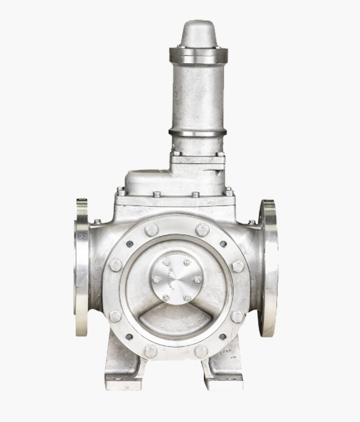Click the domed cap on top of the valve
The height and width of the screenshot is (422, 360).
pos(198,34)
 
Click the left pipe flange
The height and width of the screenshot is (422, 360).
pos(82,267)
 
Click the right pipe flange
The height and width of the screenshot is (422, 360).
pos(269,267)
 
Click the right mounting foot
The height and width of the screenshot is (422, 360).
pos(225,373)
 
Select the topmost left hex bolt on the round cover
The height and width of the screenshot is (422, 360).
pos(152,230)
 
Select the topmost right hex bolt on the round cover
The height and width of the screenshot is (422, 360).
pos(202,230)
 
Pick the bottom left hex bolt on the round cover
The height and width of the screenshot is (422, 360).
pos(151,351)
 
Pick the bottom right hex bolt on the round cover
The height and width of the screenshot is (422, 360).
pos(201,351)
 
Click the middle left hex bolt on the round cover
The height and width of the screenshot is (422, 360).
pos(116,265)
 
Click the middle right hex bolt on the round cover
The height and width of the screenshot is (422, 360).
pos(238,266)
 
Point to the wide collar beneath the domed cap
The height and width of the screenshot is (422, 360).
pos(198,55)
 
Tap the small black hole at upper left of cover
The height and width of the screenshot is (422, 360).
pos(130,244)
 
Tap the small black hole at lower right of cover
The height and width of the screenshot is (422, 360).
pos(223,337)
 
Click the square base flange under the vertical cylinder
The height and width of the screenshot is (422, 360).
pos(198,160)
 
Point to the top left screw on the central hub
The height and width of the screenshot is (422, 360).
pos(167,262)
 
